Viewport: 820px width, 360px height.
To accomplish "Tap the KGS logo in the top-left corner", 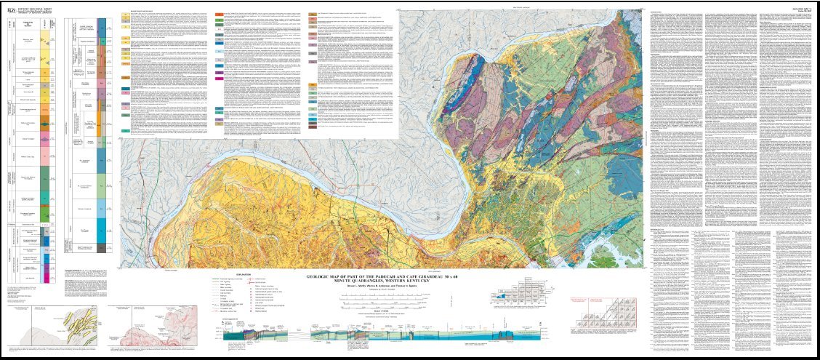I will click(10, 7).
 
